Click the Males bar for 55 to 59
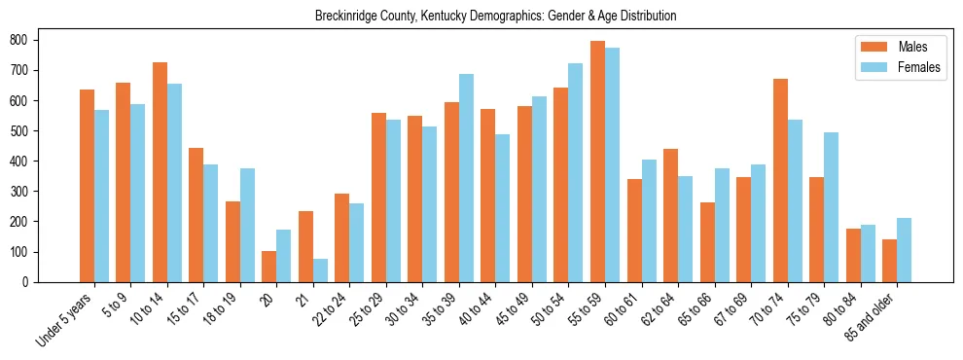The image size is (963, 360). (597, 162)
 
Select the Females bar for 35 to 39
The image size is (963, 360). (466, 178)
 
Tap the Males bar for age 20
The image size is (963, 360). (268, 267)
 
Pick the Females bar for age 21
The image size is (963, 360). (320, 270)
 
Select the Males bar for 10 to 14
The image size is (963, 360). (160, 172)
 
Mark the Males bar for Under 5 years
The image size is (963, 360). (87, 186)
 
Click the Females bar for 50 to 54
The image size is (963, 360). (576, 172)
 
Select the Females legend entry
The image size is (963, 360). (898, 68)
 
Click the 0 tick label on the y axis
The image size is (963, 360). (29, 282)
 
